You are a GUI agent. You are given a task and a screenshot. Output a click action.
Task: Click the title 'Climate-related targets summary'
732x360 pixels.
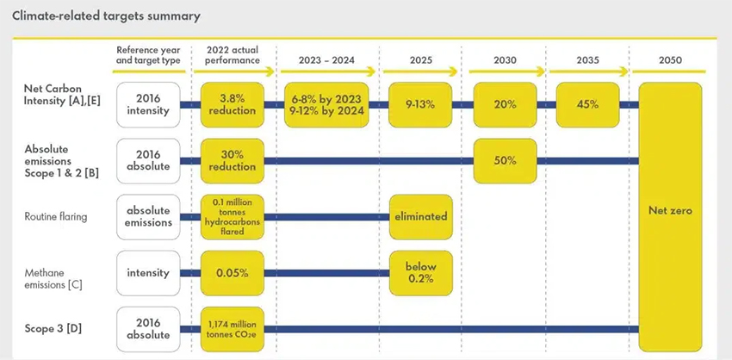click(107, 16)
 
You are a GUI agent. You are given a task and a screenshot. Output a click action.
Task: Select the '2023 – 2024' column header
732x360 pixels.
click(327, 60)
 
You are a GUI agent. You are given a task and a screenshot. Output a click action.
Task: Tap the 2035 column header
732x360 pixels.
click(587, 60)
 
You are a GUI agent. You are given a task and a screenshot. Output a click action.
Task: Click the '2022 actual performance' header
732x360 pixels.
click(233, 55)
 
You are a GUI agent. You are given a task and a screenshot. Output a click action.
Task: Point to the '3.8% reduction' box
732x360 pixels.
click(233, 105)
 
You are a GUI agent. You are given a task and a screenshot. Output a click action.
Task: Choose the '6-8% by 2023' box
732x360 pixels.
click(327, 105)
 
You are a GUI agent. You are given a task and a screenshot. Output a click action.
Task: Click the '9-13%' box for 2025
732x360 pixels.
click(420, 105)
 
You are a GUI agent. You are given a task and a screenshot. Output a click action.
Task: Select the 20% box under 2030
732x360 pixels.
click(506, 105)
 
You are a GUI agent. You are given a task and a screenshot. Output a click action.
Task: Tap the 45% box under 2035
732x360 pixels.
click(587, 105)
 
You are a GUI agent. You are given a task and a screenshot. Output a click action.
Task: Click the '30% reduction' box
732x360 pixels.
click(233, 161)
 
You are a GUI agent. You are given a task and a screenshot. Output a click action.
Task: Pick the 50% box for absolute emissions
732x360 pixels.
click(506, 161)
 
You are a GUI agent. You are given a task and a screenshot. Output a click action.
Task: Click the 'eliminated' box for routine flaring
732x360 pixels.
click(420, 217)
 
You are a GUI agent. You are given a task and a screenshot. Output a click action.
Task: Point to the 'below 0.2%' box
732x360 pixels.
click(420, 273)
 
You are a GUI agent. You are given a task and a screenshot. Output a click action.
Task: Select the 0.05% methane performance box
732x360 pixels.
click(233, 273)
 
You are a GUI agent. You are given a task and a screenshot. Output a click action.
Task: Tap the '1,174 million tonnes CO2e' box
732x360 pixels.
click(233, 329)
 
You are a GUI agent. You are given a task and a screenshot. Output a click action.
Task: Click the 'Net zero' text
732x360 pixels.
click(670, 211)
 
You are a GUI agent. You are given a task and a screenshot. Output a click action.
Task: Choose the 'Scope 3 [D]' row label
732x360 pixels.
click(46, 329)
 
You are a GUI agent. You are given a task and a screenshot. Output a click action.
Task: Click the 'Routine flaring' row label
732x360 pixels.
click(56, 217)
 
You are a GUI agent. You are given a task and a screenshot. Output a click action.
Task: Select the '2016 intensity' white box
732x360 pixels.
click(148, 105)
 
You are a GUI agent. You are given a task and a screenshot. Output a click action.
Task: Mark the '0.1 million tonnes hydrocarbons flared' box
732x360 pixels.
click(233, 217)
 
